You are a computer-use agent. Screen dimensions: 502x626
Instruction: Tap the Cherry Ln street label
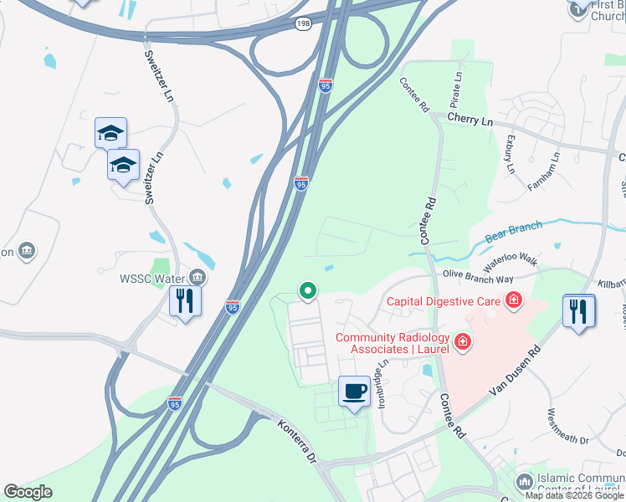click(x=469, y=120)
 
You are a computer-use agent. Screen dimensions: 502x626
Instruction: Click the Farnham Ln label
click(x=544, y=173)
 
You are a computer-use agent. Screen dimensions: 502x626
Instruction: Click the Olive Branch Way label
click(x=479, y=275)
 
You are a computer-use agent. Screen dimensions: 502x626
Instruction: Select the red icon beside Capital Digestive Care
click(x=513, y=300)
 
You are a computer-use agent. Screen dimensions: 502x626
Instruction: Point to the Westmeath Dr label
click(x=568, y=426)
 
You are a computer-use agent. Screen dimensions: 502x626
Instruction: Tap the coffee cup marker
click(x=355, y=390)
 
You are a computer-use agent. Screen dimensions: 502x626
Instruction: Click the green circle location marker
click(x=308, y=291)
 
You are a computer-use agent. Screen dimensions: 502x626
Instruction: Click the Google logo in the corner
click(x=28, y=492)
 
